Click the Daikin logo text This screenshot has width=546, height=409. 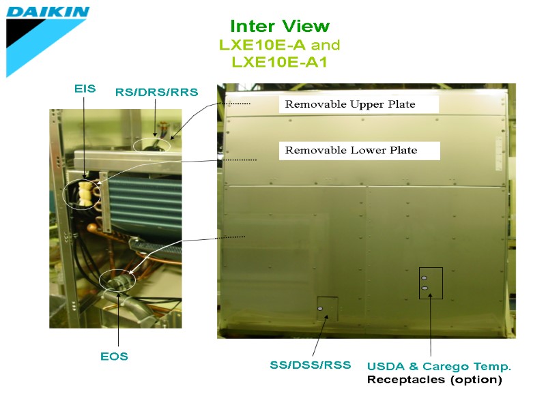point(48,12)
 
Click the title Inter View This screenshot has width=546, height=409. point(280,27)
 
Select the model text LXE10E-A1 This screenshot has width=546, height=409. point(280,62)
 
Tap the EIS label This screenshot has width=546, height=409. point(85,89)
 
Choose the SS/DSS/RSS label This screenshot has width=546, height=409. point(311,365)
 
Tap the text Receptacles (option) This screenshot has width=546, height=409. point(434,380)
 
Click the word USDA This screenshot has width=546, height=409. point(386,366)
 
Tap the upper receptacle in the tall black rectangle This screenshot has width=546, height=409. point(425,278)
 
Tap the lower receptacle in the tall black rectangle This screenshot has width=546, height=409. point(425,288)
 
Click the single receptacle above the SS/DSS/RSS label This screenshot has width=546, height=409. point(320,309)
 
